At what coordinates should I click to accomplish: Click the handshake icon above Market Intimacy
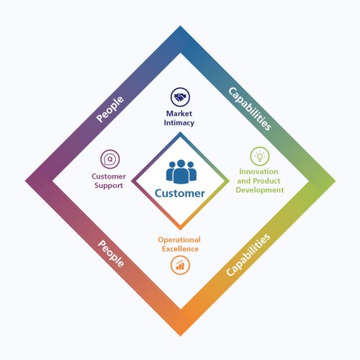[x=180, y=97]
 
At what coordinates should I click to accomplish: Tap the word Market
[x=179, y=114]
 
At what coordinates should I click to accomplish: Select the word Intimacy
[x=179, y=123]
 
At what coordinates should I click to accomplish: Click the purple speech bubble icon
[x=110, y=159]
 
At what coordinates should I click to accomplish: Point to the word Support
[x=109, y=186]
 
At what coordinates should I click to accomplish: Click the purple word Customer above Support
[x=109, y=176]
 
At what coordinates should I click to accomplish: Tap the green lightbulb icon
[x=260, y=156]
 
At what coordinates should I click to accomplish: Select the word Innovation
[x=258, y=171]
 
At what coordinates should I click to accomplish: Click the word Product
[x=266, y=181]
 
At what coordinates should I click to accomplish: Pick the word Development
[x=260, y=190]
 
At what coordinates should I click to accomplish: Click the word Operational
[x=179, y=240]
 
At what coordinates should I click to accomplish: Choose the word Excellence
[x=180, y=249]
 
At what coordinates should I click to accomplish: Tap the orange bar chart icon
[x=180, y=265]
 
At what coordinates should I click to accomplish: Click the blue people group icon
[x=181, y=171]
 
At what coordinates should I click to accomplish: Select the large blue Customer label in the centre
[x=180, y=194]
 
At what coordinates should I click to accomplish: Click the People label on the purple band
[x=110, y=109]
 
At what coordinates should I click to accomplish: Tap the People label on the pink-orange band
[x=111, y=253]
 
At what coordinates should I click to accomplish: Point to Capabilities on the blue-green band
[x=250, y=109]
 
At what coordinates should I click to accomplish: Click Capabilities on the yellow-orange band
[x=248, y=255]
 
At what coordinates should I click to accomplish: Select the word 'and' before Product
[x=244, y=181]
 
